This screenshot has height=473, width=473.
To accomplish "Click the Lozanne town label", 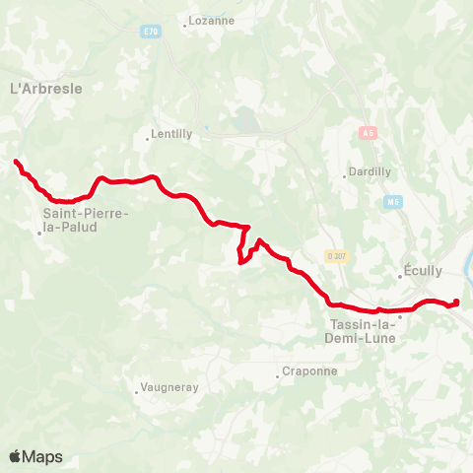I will pyautogui.click(x=211, y=20).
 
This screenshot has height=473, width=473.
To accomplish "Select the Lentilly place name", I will pyautogui.click(x=172, y=135).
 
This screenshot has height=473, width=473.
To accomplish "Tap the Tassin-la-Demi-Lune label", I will pyautogui.click(x=360, y=330).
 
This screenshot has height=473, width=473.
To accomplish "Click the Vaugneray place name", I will pyautogui.click(x=169, y=388).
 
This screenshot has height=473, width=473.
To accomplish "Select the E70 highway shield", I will pyautogui.click(x=150, y=32).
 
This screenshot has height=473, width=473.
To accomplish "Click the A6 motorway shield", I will pyautogui.click(x=368, y=132).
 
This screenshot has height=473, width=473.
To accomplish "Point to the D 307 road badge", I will pyautogui.click(x=336, y=256).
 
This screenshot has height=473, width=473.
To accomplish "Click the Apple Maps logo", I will pyautogui.click(x=35, y=456).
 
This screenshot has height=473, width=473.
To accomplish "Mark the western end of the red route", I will pyautogui.click(x=16, y=162).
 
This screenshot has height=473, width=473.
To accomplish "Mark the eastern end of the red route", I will pyautogui.click(x=457, y=302).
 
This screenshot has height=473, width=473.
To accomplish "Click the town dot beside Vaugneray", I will pyautogui.click(x=137, y=392).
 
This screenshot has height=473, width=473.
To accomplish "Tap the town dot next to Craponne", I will pyautogui.click(x=278, y=375).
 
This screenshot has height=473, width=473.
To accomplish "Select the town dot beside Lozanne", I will pyautogui.click(x=184, y=25).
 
